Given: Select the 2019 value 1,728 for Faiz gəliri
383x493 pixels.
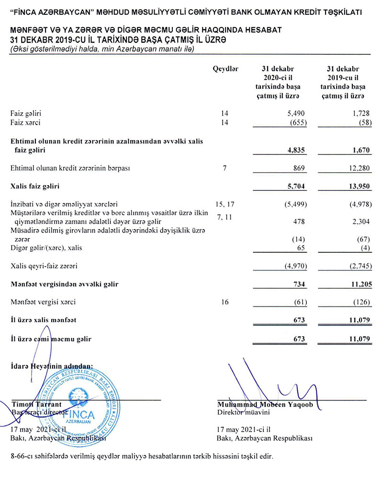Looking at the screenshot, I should [361, 114].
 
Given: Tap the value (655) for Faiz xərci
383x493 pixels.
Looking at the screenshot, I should [295, 123].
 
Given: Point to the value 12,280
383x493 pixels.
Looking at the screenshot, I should [360, 168].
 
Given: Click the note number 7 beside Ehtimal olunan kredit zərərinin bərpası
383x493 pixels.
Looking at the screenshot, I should [225, 168].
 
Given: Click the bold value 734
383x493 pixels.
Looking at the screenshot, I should [298, 284].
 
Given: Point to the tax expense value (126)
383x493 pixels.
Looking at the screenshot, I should [361, 302].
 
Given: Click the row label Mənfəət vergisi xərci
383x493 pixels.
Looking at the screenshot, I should [43, 302].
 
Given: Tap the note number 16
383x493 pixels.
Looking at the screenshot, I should [225, 302].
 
